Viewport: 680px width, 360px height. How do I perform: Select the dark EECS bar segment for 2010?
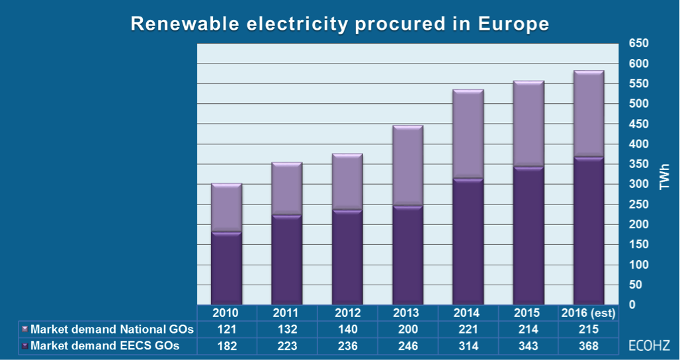point(226,268)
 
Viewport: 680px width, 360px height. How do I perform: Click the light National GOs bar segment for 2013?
point(407,165)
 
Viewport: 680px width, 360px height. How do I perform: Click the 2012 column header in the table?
point(347,313)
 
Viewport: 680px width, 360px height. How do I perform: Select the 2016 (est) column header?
point(589,313)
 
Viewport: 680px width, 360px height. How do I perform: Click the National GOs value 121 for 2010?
point(226,329)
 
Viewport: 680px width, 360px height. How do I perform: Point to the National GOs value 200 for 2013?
point(407,329)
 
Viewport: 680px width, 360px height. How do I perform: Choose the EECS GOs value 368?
point(589,345)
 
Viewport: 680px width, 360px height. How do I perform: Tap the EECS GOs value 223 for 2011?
point(286,345)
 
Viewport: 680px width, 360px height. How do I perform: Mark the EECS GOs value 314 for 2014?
point(468,345)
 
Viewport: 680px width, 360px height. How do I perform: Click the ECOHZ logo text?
point(649,345)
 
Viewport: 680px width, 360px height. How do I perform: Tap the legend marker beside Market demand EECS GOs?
point(24,345)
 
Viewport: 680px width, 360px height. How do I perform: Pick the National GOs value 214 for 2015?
point(528,329)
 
